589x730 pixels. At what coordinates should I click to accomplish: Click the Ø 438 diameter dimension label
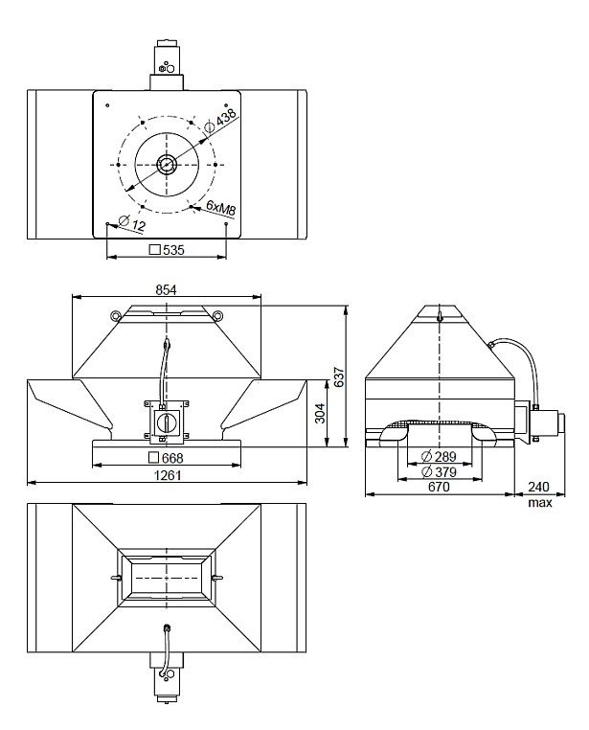click(x=220, y=120)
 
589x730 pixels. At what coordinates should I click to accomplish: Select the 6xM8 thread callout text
click(x=221, y=208)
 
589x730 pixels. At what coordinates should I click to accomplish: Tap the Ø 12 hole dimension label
click(x=132, y=223)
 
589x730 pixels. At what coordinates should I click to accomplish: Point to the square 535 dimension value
click(x=167, y=250)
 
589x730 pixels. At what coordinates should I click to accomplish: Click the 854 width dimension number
click(x=166, y=289)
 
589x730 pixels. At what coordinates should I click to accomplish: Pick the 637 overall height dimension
click(x=339, y=377)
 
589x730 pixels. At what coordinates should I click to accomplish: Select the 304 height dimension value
click(x=320, y=414)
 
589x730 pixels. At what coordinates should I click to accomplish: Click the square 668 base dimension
click(x=166, y=458)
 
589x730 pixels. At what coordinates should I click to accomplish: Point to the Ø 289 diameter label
click(x=439, y=456)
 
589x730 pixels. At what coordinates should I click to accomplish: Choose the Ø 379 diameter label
click(x=439, y=472)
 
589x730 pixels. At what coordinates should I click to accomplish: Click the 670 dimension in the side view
click(x=439, y=487)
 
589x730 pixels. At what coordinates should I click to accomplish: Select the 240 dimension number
click(x=539, y=487)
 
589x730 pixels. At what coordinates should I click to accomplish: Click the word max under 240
click(x=540, y=503)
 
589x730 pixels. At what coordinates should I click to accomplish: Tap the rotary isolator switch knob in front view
click(x=165, y=422)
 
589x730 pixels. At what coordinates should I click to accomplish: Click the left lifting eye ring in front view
click(x=115, y=315)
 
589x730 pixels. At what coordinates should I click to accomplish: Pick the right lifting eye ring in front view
click(x=216, y=315)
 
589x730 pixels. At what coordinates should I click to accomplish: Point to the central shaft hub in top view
click(x=166, y=165)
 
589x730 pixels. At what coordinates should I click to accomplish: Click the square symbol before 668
click(x=153, y=458)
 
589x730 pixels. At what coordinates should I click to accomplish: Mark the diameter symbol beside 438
click(x=210, y=126)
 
